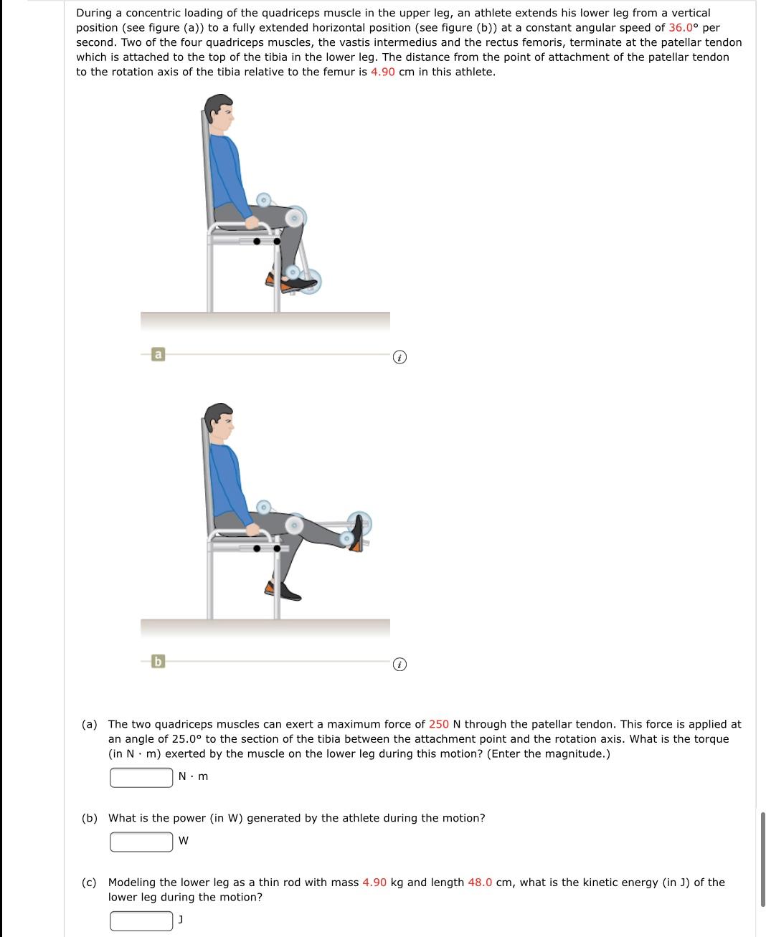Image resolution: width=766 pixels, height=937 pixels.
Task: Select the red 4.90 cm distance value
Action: (x=383, y=72)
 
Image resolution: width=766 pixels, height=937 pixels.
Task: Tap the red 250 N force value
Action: (x=439, y=724)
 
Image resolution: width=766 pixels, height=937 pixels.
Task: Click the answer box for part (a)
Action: (x=141, y=777)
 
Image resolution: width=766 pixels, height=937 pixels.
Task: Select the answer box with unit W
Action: (x=141, y=842)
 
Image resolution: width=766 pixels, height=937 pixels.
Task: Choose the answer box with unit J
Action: (x=141, y=921)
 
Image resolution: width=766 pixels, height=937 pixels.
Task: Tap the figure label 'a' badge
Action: (x=158, y=354)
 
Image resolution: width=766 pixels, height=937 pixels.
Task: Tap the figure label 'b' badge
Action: (x=158, y=661)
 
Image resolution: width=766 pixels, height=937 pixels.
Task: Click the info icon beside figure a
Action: (x=400, y=356)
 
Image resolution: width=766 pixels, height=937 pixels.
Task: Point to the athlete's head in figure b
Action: (x=219, y=423)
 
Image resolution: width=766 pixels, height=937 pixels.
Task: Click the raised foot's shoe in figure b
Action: (x=357, y=534)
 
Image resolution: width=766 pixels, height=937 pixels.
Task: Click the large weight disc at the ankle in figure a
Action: (x=310, y=282)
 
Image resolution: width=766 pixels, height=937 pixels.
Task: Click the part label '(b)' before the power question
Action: (x=90, y=818)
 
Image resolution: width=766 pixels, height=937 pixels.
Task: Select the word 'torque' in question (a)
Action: (x=711, y=739)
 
